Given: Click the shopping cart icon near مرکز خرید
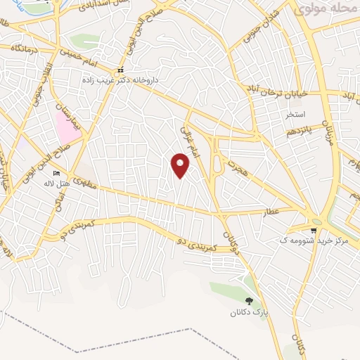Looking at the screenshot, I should (x=314, y=230).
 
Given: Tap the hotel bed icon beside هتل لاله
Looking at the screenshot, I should (x=57, y=174).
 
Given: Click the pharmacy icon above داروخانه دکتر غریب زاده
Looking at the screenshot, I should (x=121, y=70).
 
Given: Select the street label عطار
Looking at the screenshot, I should (x=273, y=211).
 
